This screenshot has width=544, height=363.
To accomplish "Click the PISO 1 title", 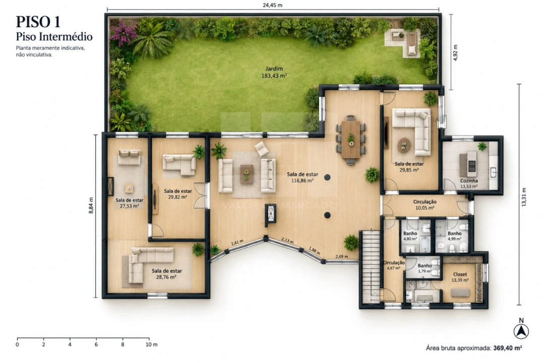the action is tap(38, 22).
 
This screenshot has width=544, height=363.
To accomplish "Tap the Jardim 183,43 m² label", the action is tap(274, 72).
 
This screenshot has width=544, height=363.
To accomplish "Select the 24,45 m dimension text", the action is tap(272, 5).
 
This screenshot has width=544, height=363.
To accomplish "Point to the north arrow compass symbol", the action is tap(521, 331).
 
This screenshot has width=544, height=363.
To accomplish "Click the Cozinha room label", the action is tap(469, 181).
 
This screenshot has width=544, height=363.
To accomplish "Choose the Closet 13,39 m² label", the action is tap(460, 277).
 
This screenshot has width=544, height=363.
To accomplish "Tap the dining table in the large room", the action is tap(351, 139).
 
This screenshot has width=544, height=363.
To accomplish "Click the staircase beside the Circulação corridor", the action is tap(371, 266).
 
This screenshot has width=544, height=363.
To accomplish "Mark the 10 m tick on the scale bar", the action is tap(149, 338).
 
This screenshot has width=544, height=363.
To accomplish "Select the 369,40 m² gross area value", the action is tap(508, 348).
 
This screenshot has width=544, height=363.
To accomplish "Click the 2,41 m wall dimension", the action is tap(237, 242).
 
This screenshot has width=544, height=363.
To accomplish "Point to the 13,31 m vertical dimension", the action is tap(524, 197).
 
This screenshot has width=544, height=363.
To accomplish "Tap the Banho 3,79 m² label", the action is tap(425, 268).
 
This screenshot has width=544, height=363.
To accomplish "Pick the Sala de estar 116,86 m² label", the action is tap(303, 177).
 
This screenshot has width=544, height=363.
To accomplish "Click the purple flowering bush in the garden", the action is tap(123, 33).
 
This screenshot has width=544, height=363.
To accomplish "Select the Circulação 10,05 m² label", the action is tap(425, 205).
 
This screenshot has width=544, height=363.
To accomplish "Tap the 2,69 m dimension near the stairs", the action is tap(341, 257).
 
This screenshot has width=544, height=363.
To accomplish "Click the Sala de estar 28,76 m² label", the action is tap(166, 274).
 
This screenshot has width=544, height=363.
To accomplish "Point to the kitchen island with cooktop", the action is tap(468, 164).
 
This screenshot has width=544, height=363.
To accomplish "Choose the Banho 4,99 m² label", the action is tap(454, 236).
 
